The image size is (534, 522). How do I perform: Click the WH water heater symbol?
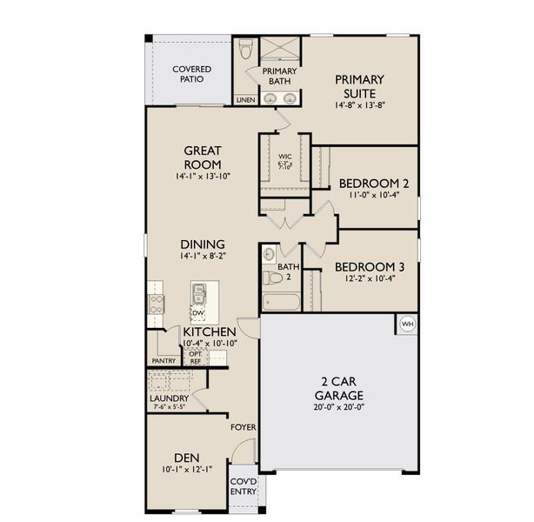[x=407, y=325]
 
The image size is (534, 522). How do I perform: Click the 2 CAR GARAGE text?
[x=335, y=386]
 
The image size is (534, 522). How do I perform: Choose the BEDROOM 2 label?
[x=373, y=184]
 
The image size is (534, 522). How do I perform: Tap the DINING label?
[x=203, y=244]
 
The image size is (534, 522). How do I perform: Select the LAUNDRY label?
[x=169, y=398]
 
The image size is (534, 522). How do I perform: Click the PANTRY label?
[x=163, y=359]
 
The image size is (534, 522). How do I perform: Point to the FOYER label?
[x=242, y=427]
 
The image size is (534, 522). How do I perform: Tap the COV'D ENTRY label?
[x=244, y=485]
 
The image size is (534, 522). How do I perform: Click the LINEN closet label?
[x=244, y=99]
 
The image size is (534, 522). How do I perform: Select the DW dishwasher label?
[x=198, y=313]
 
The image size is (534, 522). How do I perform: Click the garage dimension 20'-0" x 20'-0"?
[x=335, y=405]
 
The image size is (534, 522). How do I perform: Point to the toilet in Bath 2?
[x=270, y=278]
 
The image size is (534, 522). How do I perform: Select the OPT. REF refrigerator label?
[x=197, y=357]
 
